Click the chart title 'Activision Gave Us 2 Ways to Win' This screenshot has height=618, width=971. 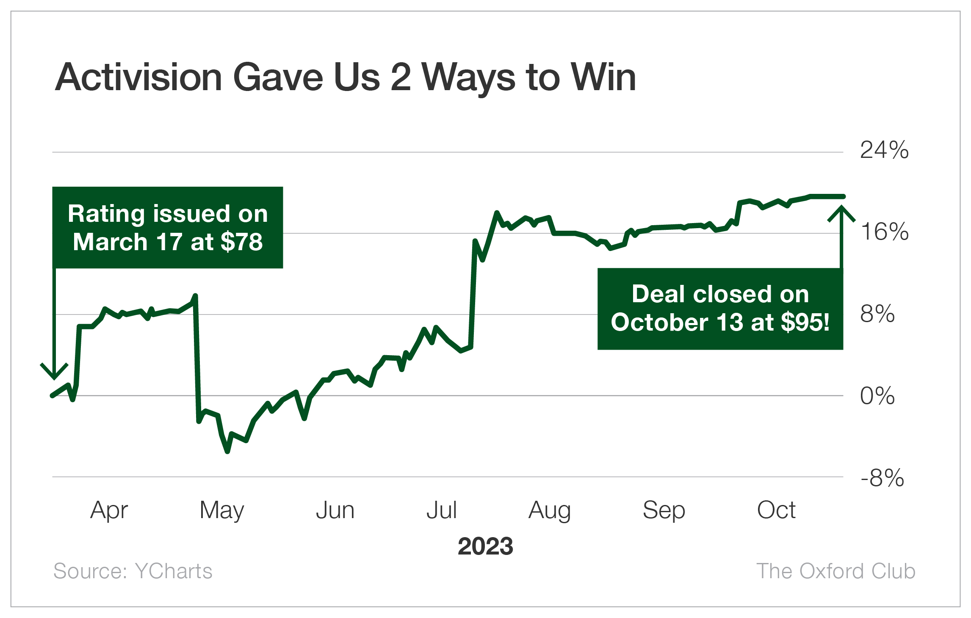click(x=345, y=77)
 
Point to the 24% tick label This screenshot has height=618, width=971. click(x=884, y=150)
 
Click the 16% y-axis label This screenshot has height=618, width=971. click(x=884, y=232)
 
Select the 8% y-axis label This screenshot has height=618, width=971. click(x=877, y=314)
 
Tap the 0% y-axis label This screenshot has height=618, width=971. click(x=877, y=396)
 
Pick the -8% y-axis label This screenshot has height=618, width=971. click(x=882, y=478)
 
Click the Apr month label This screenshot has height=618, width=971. click(x=109, y=510)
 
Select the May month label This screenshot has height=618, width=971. click(x=222, y=510)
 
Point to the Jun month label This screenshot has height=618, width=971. click(x=335, y=510)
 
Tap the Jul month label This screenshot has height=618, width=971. click(x=442, y=510)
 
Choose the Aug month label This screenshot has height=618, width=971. click(x=550, y=510)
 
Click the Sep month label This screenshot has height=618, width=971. click(x=664, y=510)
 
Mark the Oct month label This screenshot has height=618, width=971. click(x=776, y=510)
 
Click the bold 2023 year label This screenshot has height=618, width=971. click(x=485, y=546)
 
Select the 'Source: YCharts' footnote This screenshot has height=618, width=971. click(x=133, y=571)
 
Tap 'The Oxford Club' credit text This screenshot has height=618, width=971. click(x=836, y=571)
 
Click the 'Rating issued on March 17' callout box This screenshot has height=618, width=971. click(x=168, y=228)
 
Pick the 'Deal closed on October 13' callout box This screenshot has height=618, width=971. click(x=720, y=309)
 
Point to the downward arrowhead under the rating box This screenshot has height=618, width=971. click(x=54, y=372)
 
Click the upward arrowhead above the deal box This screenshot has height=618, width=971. click(x=841, y=212)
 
